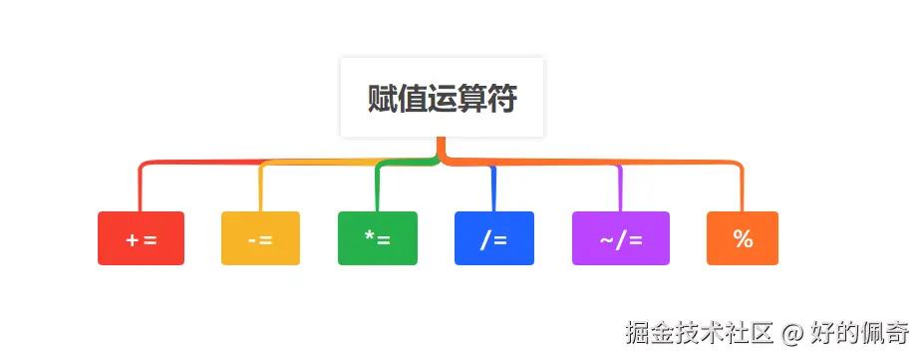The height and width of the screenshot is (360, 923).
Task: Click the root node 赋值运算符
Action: pyautogui.click(x=442, y=99)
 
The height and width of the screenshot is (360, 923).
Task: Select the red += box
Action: pyautogui.click(x=141, y=238)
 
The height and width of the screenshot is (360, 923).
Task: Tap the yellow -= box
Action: pyautogui.click(x=260, y=238)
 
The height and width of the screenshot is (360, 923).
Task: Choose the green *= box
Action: pyautogui.click(x=378, y=238)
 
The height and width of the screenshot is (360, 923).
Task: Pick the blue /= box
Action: pyautogui.click(x=494, y=238)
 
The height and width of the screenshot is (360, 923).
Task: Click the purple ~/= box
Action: pyautogui.click(x=621, y=238)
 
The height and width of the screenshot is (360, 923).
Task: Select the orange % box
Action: pyautogui.click(x=743, y=238)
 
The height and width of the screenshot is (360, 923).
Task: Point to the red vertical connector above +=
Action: pyautogui.click(x=141, y=189)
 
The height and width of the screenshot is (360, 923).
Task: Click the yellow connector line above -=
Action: pyautogui.click(x=260, y=189)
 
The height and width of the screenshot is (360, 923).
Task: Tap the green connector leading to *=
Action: pyautogui.click(x=378, y=189)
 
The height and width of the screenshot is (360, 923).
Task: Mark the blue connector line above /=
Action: pyautogui.click(x=494, y=189)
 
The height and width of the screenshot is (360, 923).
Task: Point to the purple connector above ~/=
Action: pyautogui.click(x=621, y=189)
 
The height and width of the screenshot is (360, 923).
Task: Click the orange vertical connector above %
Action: pyautogui.click(x=743, y=189)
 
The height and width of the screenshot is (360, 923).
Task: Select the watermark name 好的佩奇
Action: pyautogui.click(x=859, y=332)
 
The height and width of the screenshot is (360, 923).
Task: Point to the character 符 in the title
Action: pyautogui.click(x=501, y=99)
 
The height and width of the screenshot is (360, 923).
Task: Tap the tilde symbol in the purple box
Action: pyautogui.click(x=606, y=239)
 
